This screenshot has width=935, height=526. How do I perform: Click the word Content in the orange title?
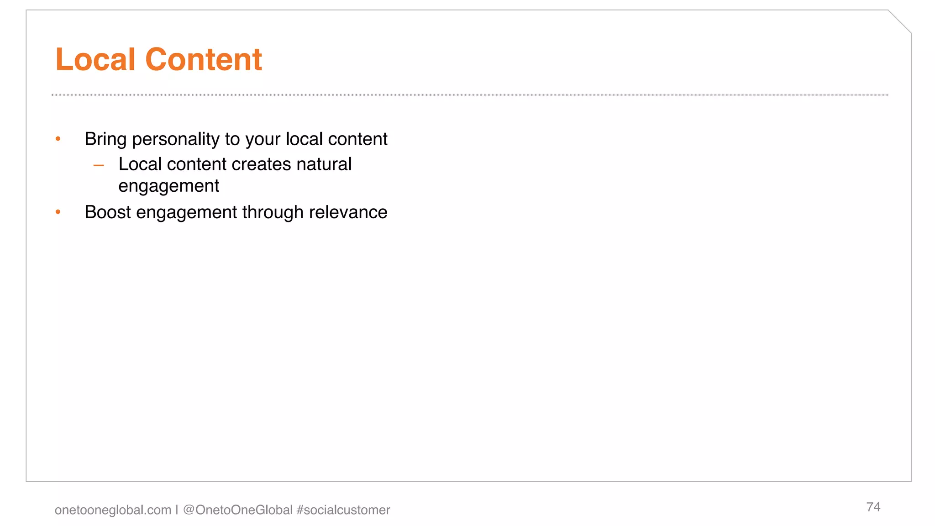[203, 59]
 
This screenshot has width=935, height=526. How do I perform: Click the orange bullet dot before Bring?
[58, 138]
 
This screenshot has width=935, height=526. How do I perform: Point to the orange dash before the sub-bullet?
[99, 165]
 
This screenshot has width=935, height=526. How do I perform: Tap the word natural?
[324, 164]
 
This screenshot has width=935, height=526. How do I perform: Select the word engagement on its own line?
[168, 186]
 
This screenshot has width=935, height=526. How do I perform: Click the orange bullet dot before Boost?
[58, 212]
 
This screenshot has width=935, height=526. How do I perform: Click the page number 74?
[873, 507]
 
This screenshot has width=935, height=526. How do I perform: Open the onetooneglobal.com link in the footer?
[113, 510]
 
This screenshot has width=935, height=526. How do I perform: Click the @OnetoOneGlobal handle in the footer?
[237, 510]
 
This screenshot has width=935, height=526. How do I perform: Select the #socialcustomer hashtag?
[343, 510]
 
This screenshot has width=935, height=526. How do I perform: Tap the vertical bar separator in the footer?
[177, 510]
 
